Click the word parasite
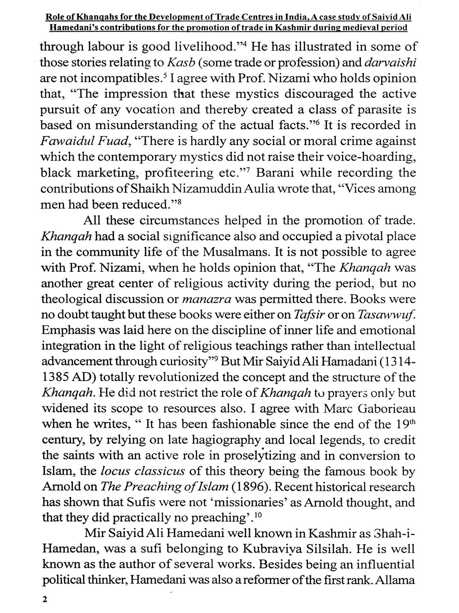coord(377,110)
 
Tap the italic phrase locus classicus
coord(143,471)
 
